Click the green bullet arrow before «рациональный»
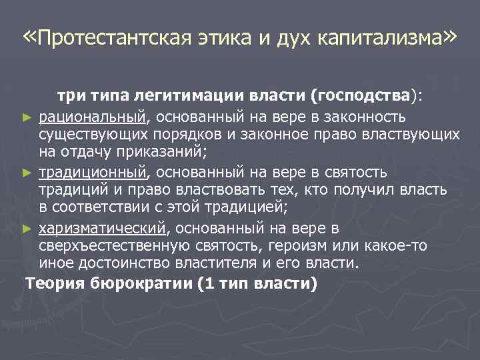(27, 118)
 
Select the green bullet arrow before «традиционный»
(27, 173)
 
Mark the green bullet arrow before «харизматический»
(27, 229)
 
